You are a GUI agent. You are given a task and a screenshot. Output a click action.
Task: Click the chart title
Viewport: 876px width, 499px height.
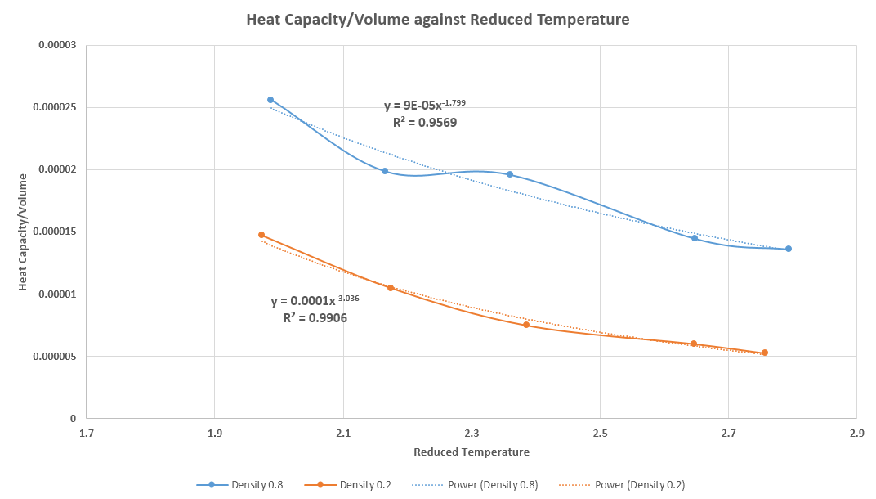pyautogui.click(x=438, y=20)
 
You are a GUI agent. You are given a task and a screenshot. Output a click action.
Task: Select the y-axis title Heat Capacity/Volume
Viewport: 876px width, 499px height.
pyautogui.click(x=24, y=232)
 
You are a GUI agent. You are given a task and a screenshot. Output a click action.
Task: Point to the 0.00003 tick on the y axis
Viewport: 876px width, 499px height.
pyautogui.click(x=57, y=45)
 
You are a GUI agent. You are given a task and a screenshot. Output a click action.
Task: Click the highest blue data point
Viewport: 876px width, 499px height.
pyautogui.click(x=270, y=100)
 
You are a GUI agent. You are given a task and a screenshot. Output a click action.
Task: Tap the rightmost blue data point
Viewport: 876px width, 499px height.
pyautogui.click(x=789, y=249)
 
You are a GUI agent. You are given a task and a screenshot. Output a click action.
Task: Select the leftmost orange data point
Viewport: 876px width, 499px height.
pyautogui.click(x=261, y=235)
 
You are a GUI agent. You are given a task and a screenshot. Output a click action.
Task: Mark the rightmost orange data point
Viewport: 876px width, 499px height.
pyautogui.click(x=765, y=353)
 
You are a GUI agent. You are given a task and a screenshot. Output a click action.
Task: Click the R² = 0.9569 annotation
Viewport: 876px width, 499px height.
pyautogui.click(x=425, y=123)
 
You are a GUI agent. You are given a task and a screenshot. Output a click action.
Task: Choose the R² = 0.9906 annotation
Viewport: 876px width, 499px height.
pyautogui.click(x=315, y=317)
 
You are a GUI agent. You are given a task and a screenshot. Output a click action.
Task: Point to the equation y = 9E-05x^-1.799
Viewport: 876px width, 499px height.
pyautogui.click(x=425, y=106)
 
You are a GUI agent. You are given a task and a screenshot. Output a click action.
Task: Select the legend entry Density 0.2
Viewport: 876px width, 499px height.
pyautogui.click(x=366, y=484)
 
